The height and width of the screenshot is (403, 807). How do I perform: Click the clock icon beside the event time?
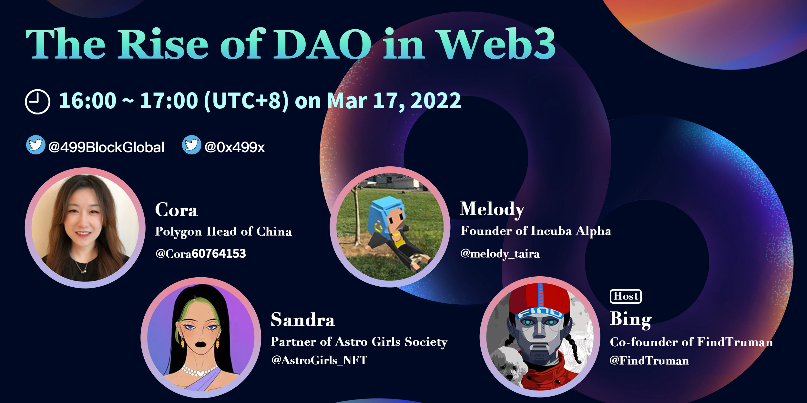37,102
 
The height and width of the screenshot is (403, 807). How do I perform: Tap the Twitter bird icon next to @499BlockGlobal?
36,145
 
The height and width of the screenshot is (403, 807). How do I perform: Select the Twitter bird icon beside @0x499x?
192,145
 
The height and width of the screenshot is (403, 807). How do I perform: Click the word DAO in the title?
322,44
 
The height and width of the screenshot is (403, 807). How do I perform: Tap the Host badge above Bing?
626,296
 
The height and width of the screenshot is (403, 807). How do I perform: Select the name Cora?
176,210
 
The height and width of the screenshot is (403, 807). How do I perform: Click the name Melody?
492,210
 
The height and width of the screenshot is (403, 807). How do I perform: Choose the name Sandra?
303,320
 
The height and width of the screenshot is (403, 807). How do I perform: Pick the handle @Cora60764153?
201,254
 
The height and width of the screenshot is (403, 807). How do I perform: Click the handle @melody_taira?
500,254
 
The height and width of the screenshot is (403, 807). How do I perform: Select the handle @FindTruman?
649,360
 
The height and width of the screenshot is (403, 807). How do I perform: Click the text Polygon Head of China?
223,232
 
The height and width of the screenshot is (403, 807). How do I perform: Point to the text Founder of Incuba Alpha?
536,231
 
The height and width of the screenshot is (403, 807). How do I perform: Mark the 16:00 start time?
87,101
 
